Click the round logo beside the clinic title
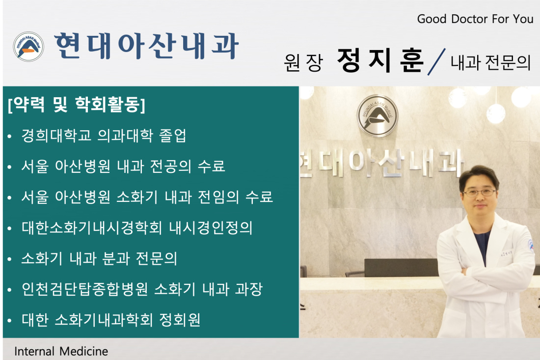tap(28, 47)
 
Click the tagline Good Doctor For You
tap(475, 19)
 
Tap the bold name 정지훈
tap(380, 60)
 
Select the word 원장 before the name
tap(303, 62)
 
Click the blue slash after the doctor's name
tap(436, 62)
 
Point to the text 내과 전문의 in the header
tap(490, 62)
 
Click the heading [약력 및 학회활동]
tap(76, 105)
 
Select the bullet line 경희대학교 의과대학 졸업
tap(104, 136)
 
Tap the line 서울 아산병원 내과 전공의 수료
tap(123, 166)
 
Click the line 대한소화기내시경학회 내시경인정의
tap(137, 228)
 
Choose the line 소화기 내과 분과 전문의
tap(99, 258)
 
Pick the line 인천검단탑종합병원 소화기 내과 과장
tap(142, 289)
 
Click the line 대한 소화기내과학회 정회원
tap(111, 320)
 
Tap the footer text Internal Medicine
tap(61, 351)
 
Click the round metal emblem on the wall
tap(378, 115)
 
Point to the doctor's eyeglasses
tap(480, 192)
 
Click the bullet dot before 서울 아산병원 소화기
tap(10, 198)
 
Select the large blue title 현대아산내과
tap(146, 46)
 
